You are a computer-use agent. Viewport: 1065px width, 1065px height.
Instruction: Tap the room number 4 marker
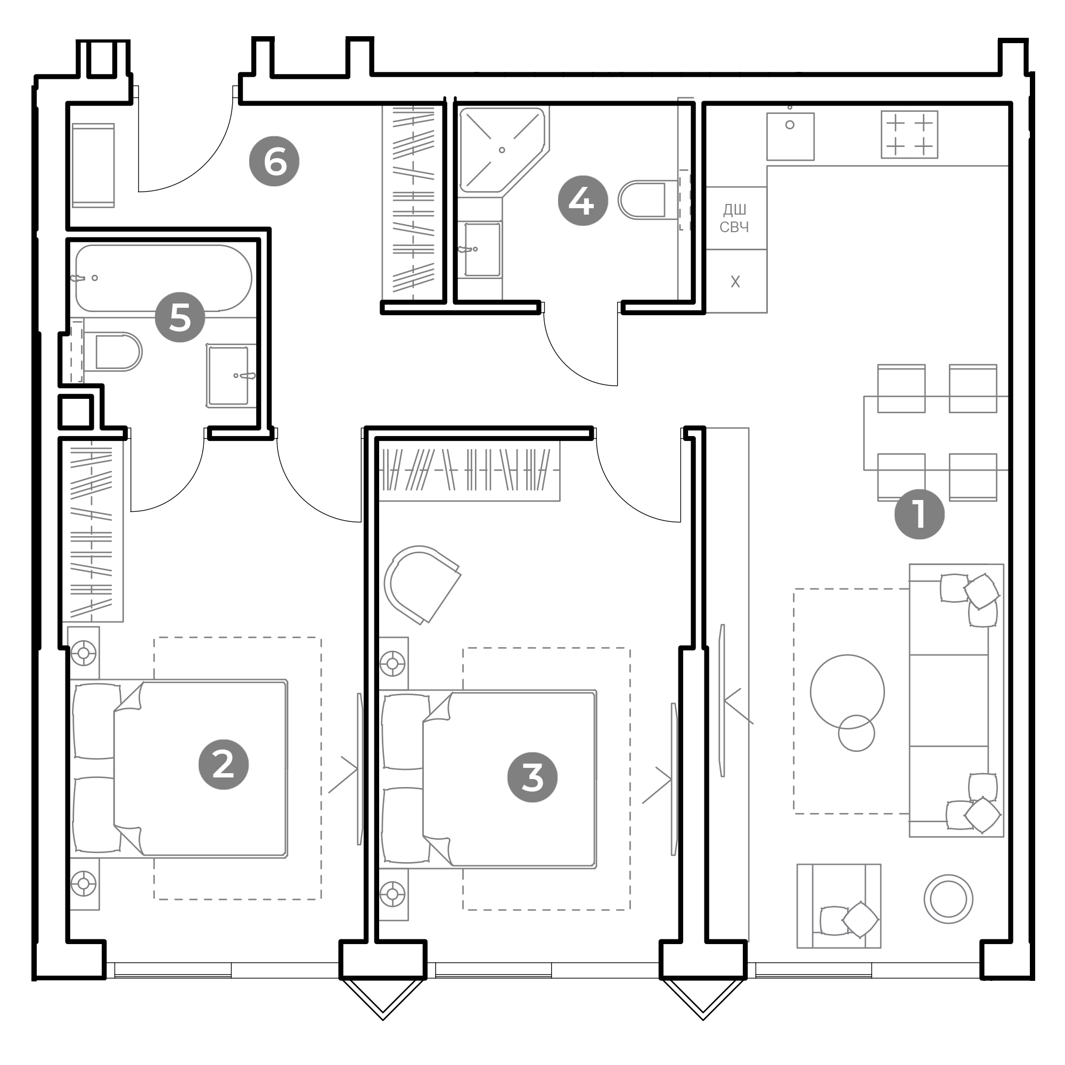(x=583, y=201)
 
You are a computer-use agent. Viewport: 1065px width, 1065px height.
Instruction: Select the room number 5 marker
(x=179, y=317)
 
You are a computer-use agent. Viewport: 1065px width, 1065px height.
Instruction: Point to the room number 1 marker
(x=919, y=514)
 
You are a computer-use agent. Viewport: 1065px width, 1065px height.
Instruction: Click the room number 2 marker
(x=223, y=765)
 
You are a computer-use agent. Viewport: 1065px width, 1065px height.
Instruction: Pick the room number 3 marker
(x=532, y=777)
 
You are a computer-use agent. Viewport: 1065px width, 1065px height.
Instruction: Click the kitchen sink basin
(x=790, y=136)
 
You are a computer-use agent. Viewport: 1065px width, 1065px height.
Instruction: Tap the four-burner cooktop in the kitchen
(x=909, y=135)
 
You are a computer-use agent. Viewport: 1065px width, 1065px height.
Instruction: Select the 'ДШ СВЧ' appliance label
(x=735, y=218)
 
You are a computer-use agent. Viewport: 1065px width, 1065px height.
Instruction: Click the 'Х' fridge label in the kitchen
(x=735, y=282)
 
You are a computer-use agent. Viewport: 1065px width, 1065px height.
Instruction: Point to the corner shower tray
(x=502, y=150)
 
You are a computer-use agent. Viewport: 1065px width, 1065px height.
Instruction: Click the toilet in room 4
(x=643, y=200)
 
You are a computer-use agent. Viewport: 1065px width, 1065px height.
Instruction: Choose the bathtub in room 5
(x=163, y=278)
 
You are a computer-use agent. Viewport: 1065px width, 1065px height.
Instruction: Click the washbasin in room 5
(x=231, y=375)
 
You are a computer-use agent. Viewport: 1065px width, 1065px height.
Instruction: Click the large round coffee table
(x=847, y=692)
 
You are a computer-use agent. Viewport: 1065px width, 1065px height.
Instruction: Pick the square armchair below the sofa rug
(x=839, y=906)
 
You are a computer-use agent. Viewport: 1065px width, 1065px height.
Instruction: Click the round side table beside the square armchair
(x=948, y=898)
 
